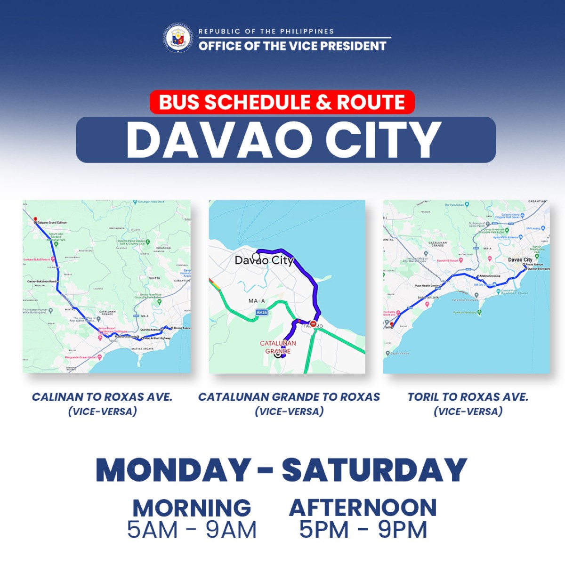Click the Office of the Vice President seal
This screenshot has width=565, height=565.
pyautogui.click(x=178, y=38)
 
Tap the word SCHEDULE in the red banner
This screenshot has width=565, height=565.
pyautogui.click(x=257, y=102)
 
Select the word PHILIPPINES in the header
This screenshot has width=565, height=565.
pyautogui.click(x=307, y=32)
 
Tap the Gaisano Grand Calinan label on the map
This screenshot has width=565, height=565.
pyautogui.click(x=52, y=222)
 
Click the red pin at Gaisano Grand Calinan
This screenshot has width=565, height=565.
pyautogui.click(x=35, y=219)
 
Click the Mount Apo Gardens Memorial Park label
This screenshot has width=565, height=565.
pyautogui.click(x=56, y=236)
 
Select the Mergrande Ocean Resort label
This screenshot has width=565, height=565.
pyautogui.click(x=81, y=357)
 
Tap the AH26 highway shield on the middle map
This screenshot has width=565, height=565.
pyautogui.click(x=262, y=312)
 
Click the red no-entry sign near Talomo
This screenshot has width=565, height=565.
pyautogui.click(x=314, y=324)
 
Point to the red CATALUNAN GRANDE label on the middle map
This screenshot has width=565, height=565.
pyautogui.click(x=278, y=347)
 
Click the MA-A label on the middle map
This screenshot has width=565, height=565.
pyautogui.click(x=257, y=301)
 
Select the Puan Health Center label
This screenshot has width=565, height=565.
pyautogui.click(x=427, y=286)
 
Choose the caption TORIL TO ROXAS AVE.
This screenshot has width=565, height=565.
pyautogui.click(x=468, y=397)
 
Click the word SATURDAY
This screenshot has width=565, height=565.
pyautogui.click(x=374, y=470)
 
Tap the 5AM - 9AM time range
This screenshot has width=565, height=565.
pyautogui.click(x=192, y=530)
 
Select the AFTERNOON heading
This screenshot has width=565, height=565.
pyautogui.click(x=363, y=508)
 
